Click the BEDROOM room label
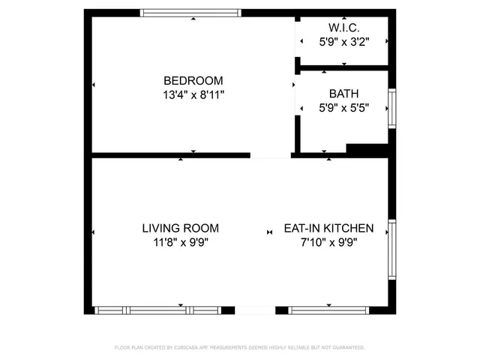[193, 80]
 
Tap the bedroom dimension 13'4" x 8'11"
[193, 94]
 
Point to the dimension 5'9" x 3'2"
[343, 43]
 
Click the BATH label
[343, 94]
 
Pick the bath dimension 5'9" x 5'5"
[343, 108]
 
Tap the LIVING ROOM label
[180, 228]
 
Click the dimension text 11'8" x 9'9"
[180, 242]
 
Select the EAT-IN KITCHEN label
[328, 228]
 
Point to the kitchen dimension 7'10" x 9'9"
[328, 242]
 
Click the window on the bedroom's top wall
[191, 12]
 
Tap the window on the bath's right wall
[391, 109]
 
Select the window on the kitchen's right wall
[391, 250]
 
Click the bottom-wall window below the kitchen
[328, 310]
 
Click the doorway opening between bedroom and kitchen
[271, 155]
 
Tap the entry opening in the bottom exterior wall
[255, 310]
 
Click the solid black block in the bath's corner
[365, 151]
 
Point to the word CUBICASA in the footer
[184, 348]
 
